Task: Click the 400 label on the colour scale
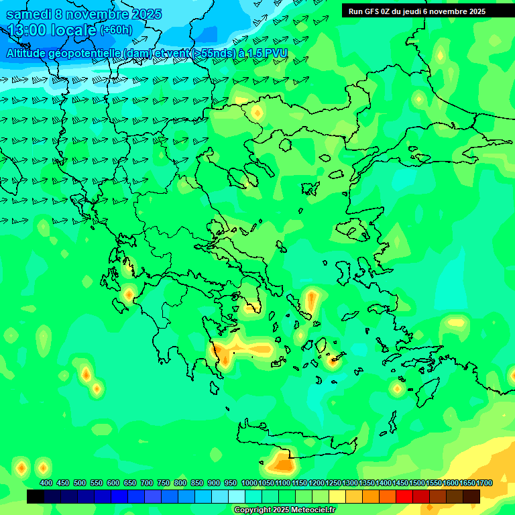pos(46,483)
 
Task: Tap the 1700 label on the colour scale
pos(485,483)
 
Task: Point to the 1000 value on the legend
pos(249,483)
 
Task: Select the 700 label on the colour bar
pos(147,483)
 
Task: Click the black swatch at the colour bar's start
pos(36,497)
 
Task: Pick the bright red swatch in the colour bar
pos(404,497)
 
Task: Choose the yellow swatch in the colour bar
pos(337,497)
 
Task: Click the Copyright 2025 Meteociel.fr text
pos(284,510)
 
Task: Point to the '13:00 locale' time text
pos(51,30)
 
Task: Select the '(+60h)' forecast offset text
pos(116,30)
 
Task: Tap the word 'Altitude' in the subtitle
pos(28,53)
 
